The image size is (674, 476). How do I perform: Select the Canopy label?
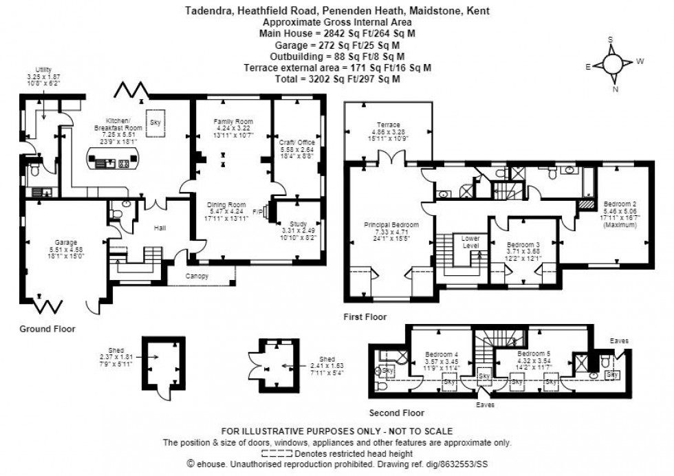click(197, 277)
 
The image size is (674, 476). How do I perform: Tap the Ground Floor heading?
click(47, 329)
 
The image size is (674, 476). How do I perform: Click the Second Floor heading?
click(396, 413)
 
